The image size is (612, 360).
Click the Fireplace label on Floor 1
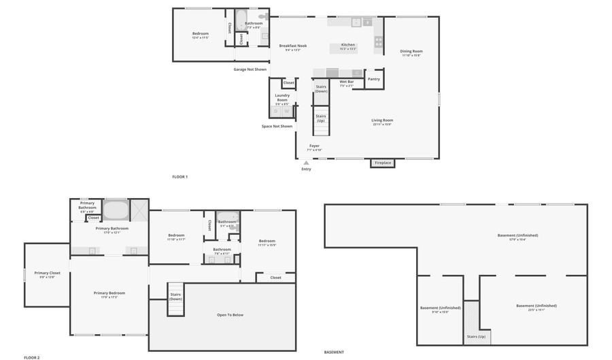pyautogui.click(x=383, y=163)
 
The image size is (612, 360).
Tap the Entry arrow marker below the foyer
pyautogui.click(x=306, y=163)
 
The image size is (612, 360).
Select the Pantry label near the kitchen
pyautogui.click(x=374, y=79)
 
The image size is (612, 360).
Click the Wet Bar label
pyautogui.click(x=346, y=82)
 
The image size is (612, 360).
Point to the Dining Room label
pyautogui.click(x=411, y=51)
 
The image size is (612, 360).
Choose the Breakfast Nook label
pyautogui.click(x=292, y=46)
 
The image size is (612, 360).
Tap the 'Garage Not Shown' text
pyautogui.click(x=250, y=69)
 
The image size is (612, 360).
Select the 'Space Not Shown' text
pyautogui.click(x=277, y=126)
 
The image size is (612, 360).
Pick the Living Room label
pyautogui.click(x=382, y=120)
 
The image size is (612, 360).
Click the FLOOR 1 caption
pyautogui.click(x=180, y=176)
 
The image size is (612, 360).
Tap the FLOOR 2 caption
pyautogui.click(x=32, y=357)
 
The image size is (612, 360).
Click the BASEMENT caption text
pyautogui.click(x=334, y=352)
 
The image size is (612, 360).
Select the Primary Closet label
pyautogui.click(x=47, y=273)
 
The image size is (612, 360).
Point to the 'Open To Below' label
pyautogui.click(x=230, y=315)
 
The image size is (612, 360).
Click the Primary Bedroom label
pyautogui.click(x=109, y=293)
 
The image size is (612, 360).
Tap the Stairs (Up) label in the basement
pyautogui.click(x=476, y=336)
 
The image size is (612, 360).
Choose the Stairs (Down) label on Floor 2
pyautogui.click(x=175, y=296)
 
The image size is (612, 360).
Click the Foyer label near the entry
pyautogui.click(x=314, y=146)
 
